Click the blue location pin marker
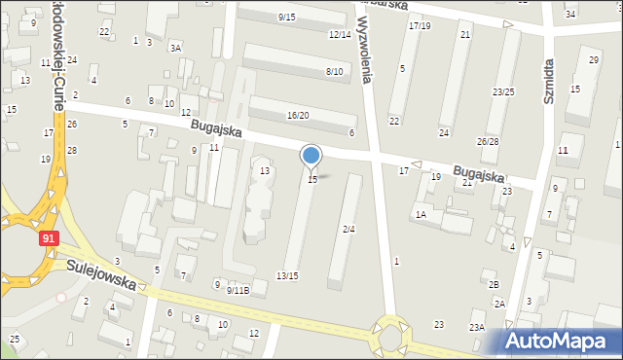(x=311, y=157)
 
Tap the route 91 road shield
(x=49, y=237)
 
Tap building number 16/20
(x=298, y=116)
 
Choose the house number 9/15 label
(x=286, y=18)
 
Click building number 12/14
(x=339, y=35)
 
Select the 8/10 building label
(x=334, y=72)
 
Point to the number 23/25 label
(x=503, y=92)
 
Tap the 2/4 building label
(x=348, y=230)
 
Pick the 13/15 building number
(x=287, y=276)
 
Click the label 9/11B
(x=238, y=290)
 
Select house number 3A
(x=175, y=48)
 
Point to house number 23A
(x=477, y=328)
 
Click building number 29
(x=594, y=60)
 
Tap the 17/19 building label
(x=420, y=25)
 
